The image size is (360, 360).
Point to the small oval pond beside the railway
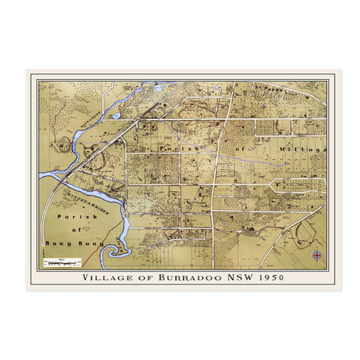(x=116, y=115)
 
